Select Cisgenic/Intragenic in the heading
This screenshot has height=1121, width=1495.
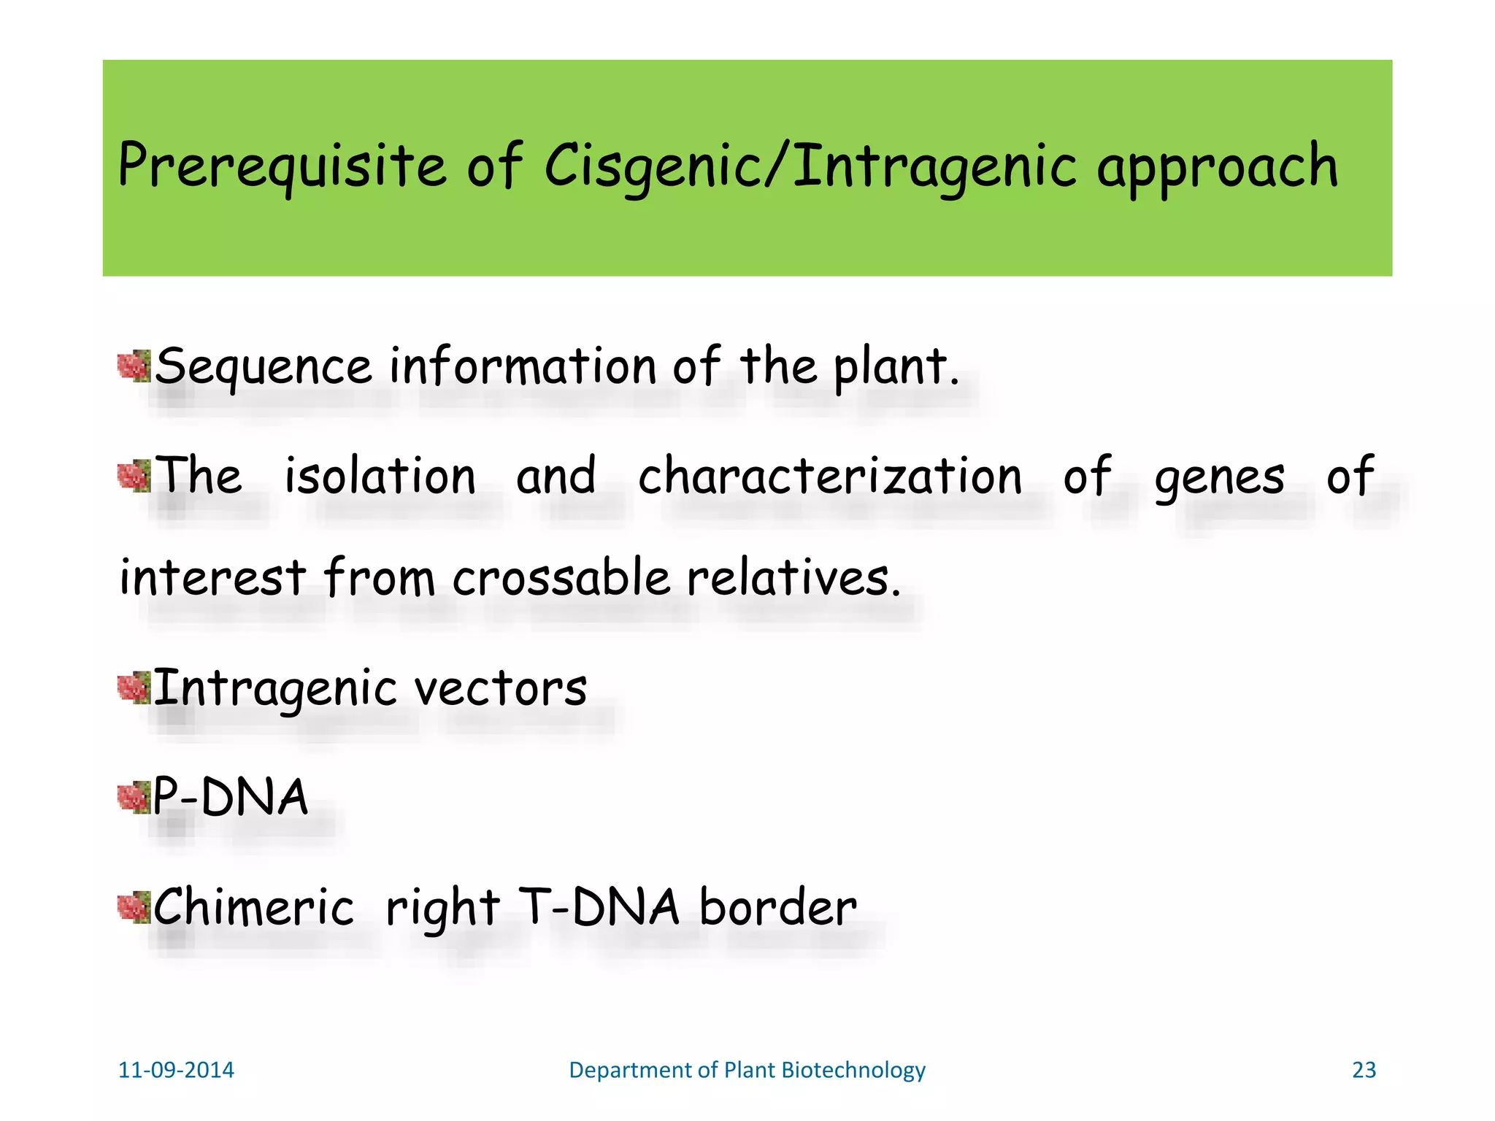810,166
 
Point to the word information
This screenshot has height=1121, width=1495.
523,366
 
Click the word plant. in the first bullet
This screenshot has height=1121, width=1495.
896,366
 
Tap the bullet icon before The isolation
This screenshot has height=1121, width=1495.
134,477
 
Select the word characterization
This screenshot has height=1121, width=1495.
830,477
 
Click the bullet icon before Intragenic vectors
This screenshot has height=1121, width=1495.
134,689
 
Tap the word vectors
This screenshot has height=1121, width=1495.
501,689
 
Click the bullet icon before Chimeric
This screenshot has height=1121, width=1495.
134,908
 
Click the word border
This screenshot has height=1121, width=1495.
778,908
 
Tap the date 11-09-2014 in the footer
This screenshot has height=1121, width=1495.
176,1070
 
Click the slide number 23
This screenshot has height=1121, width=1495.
1364,1070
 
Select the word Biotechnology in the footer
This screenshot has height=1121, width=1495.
853,1070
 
